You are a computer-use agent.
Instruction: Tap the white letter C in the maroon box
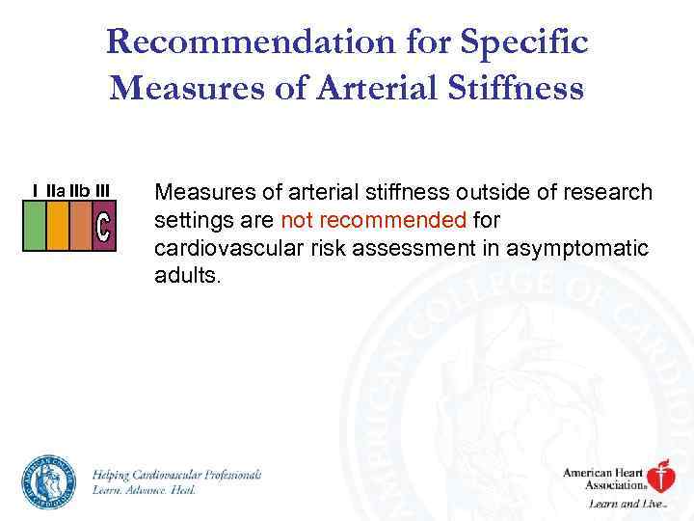click(x=104, y=227)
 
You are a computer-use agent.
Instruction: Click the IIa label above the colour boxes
click(x=57, y=191)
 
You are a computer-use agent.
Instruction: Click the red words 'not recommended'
click(x=373, y=221)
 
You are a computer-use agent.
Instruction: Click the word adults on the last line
click(x=188, y=277)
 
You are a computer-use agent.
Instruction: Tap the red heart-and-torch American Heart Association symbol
click(x=660, y=478)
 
